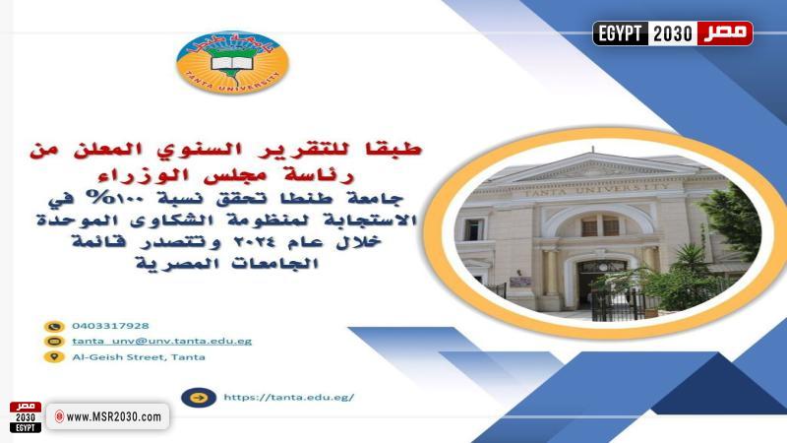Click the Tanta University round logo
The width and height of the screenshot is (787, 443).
233,62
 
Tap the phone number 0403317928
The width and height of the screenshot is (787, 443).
109,326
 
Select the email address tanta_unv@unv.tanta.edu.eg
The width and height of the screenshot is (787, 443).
161,341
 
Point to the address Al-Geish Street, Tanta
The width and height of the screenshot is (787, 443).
139,356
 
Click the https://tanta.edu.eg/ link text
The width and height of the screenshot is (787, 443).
288,398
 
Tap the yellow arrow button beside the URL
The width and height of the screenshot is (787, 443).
199,398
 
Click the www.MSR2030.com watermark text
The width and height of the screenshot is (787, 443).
113,417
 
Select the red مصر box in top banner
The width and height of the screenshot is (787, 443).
725,33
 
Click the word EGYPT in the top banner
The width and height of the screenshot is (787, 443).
620,33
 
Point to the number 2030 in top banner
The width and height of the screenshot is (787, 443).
674,33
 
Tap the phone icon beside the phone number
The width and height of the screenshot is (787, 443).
53,326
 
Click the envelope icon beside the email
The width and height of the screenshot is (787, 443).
53,341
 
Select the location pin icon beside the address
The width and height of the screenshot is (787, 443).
53,356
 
